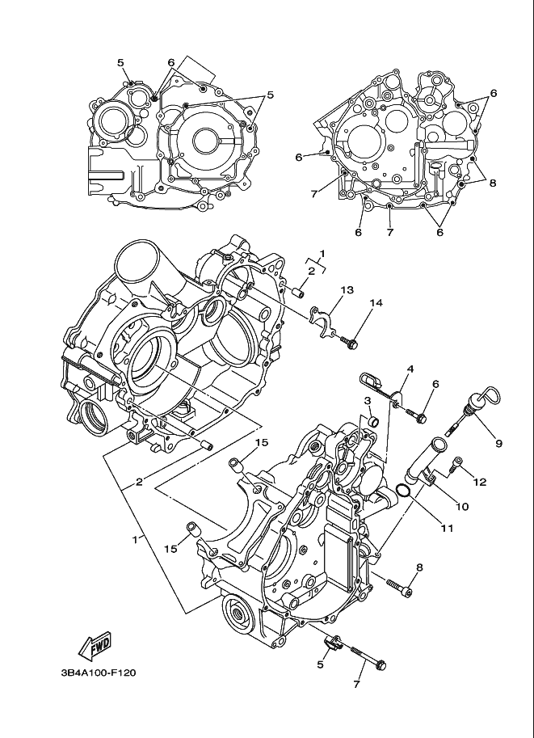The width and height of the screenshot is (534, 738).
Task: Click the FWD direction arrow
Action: coord(95,643)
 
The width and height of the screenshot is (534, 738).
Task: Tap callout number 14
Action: coord(376,303)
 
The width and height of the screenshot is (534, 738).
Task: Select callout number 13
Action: coord(347,289)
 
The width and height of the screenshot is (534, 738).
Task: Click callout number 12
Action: coord(479,482)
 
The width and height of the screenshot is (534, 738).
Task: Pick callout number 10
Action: coord(462,507)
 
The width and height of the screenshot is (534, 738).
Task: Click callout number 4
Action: coord(410,369)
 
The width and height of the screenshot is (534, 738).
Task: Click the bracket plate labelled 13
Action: coord(326,317)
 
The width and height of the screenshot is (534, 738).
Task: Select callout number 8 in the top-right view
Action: coord(491,183)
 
